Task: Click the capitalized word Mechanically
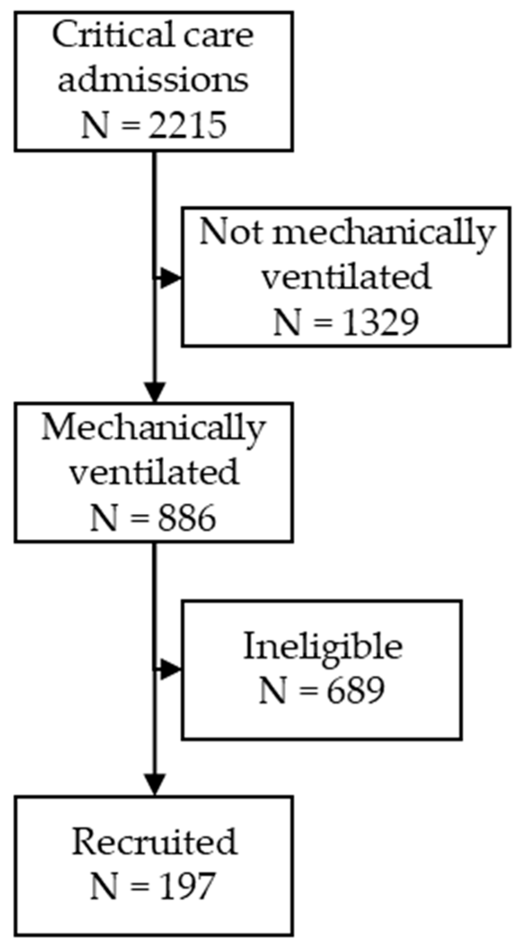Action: (153, 428)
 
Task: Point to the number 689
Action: (355, 690)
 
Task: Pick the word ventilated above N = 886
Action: (153, 473)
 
